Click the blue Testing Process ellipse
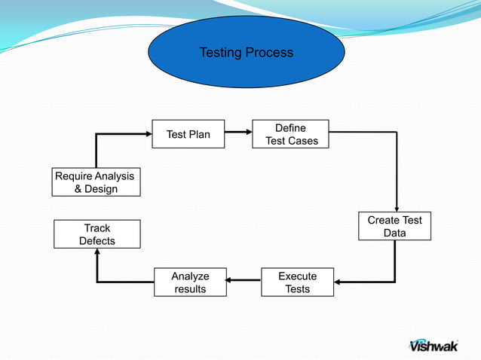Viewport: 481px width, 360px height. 246,53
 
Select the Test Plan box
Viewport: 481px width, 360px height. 188,134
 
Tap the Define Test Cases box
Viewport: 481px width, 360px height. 290,134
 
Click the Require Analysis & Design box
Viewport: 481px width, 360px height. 96,182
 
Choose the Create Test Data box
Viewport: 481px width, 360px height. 394,227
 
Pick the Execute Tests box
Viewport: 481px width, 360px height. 297,282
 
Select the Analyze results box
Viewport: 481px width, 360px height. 190,282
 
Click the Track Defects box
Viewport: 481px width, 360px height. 97,234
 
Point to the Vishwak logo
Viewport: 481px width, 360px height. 433,345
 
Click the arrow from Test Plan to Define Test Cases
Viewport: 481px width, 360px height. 238,132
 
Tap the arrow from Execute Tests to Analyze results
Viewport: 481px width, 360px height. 244,282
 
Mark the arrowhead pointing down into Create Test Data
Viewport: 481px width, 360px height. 395,208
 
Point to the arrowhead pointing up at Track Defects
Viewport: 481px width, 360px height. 97,254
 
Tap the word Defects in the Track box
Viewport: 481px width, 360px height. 97,241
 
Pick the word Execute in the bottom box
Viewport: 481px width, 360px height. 297,276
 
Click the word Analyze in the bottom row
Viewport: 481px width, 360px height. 190,276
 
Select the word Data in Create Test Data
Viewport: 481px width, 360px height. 394,233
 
